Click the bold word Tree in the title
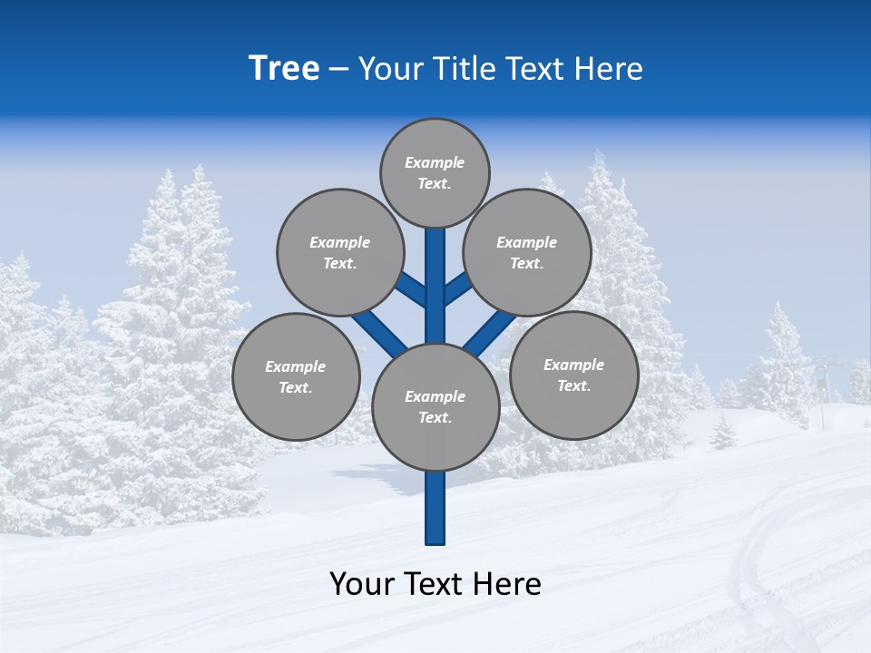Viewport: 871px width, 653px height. [x=284, y=69]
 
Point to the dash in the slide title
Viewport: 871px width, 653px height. [x=339, y=70]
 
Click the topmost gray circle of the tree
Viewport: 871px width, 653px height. [x=435, y=173]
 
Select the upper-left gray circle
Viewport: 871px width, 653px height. [x=339, y=253]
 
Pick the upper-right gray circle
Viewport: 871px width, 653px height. [x=526, y=253]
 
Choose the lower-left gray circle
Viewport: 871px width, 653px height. [x=296, y=376]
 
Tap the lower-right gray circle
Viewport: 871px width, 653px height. [x=573, y=375]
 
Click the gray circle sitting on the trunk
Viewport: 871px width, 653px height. [x=435, y=407]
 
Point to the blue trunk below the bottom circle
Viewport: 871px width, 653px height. [x=435, y=508]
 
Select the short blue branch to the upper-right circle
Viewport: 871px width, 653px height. [x=457, y=290]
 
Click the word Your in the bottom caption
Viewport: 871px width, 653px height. [x=362, y=584]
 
